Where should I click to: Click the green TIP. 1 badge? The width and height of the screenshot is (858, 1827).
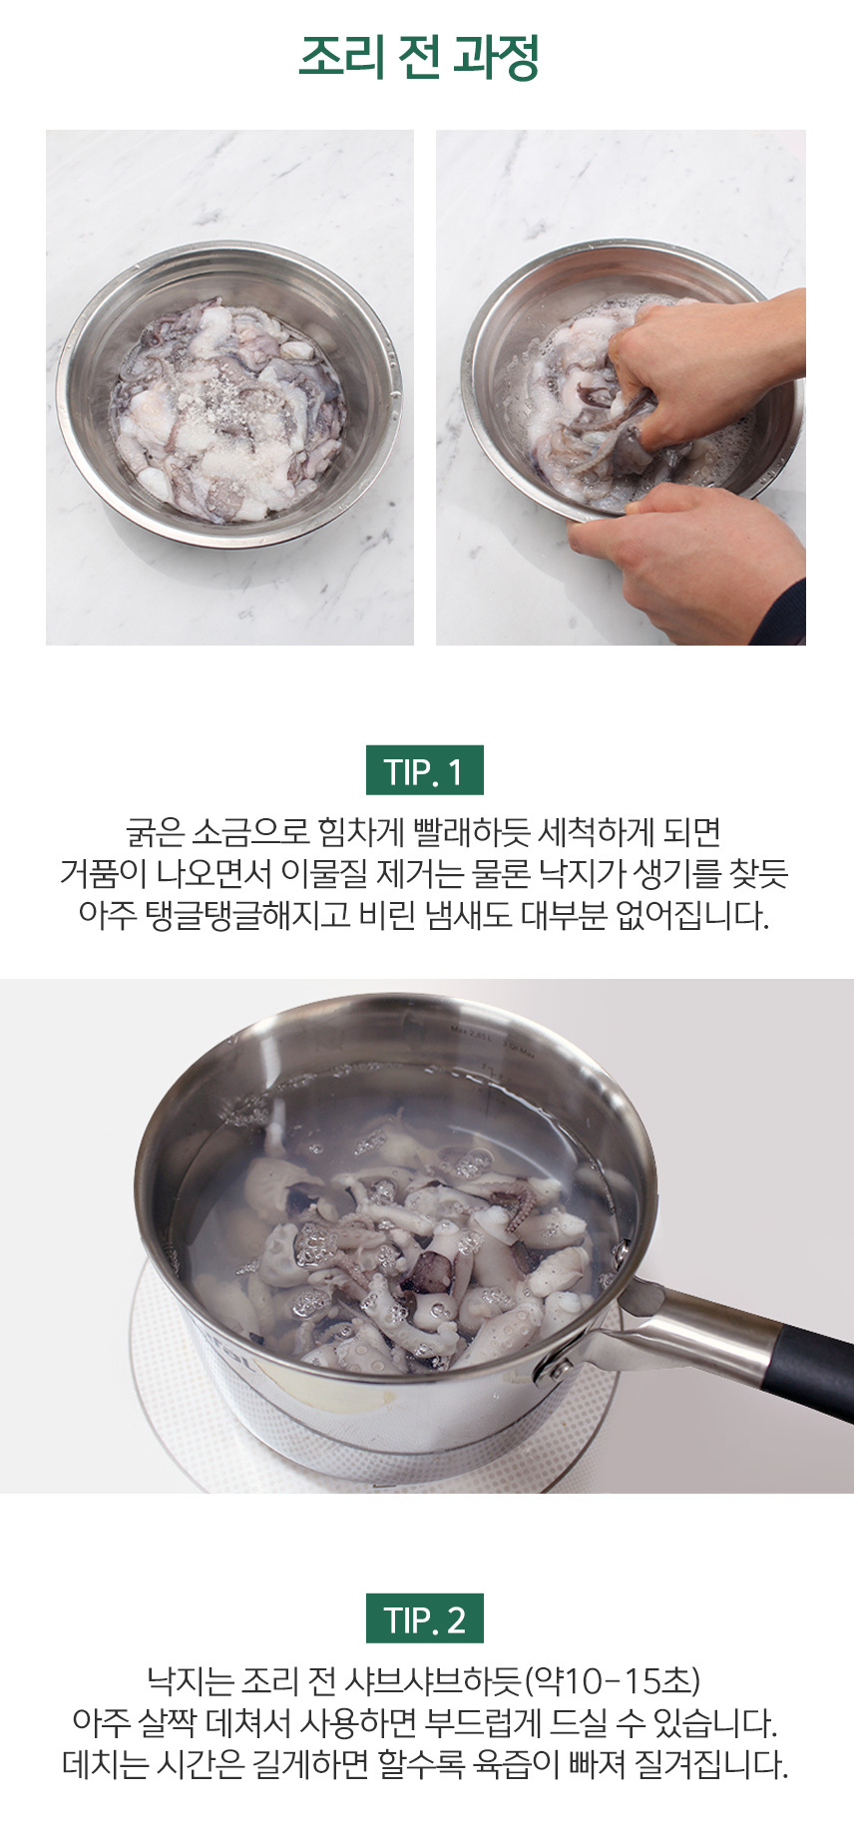(x=424, y=770)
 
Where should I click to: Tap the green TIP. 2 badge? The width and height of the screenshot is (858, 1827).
(x=424, y=1618)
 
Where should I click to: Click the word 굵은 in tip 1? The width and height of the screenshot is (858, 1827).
(x=155, y=831)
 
